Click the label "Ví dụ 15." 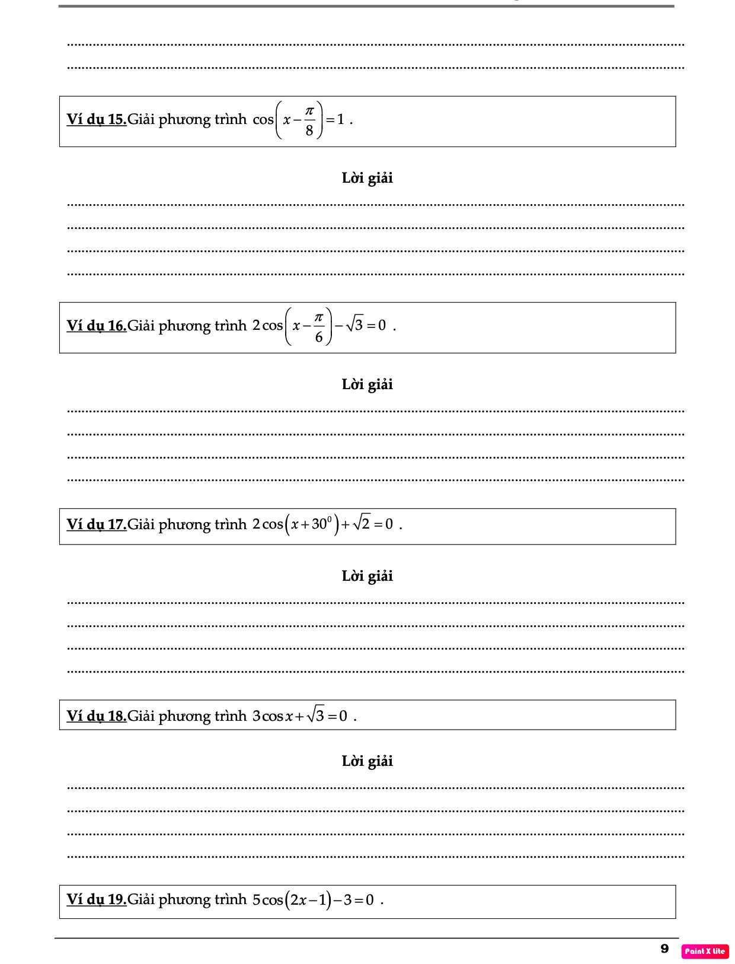click(x=97, y=119)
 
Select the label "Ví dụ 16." click(x=97, y=326)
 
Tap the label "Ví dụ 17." click(x=97, y=524)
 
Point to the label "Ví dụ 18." click(x=97, y=716)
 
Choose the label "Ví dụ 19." click(x=97, y=899)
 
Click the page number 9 click(x=664, y=949)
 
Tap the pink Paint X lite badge click(x=705, y=951)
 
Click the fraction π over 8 click(x=309, y=120)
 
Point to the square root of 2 click(x=361, y=523)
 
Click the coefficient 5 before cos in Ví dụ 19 click(x=257, y=900)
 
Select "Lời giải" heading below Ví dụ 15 click(x=367, y=178)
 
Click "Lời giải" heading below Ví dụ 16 click(x=367, y=384)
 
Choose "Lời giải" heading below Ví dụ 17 click(x=367, y=576)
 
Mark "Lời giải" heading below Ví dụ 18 click(x=367, y=761)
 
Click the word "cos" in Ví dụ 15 click(x=263, y=120)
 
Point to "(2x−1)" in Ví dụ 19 click(x=308, y=900)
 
